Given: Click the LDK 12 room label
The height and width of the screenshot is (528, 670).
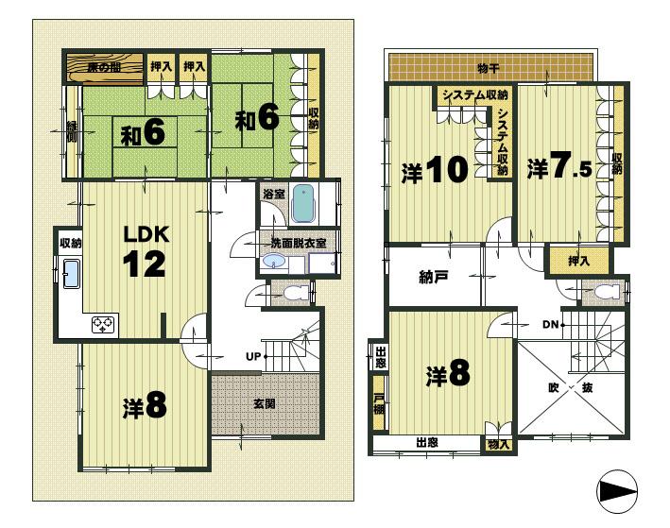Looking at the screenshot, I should [146, 250].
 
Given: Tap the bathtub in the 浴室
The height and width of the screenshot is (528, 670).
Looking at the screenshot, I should [302, 202].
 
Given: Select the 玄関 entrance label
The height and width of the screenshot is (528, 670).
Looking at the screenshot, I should [265, 403].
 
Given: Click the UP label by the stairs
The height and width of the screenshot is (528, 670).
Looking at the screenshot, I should [254, 356].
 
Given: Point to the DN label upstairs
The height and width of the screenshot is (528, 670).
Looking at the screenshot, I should [551, 325].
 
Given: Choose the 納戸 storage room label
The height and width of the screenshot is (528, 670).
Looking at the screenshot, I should [433, 278].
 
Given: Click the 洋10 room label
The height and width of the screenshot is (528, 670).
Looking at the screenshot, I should [436, 170].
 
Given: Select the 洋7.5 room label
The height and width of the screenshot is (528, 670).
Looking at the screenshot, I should [560, 168].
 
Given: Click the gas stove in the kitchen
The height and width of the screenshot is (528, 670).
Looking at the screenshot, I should [102, 324].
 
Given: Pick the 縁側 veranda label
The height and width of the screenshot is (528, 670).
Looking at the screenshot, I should [72, 132].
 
